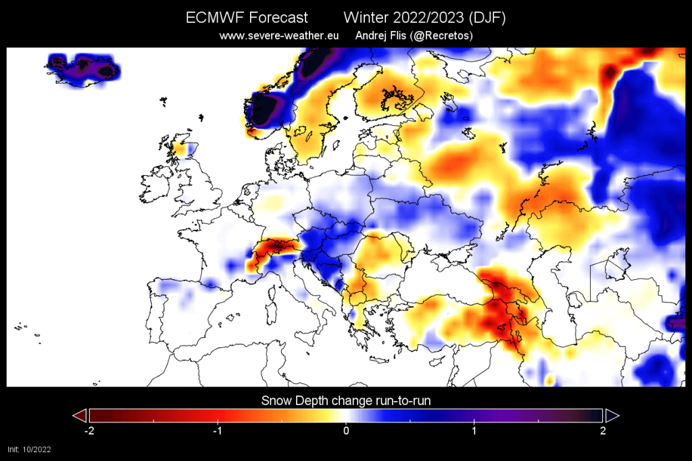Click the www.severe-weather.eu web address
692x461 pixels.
click(278, 35)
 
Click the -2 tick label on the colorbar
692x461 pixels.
click(88, 431)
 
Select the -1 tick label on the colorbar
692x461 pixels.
click(217, 431)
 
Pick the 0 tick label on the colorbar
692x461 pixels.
click(346, 431)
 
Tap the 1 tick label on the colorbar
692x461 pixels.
click(474, 431)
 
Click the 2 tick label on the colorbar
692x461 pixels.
click(603, 431)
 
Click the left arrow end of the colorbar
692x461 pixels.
click(80, 415)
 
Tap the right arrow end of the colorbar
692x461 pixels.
click(612, 415)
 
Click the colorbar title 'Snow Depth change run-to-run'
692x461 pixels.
click(346, 401)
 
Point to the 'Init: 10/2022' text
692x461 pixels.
click(29, 449)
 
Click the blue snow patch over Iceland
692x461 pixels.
click(84, 68)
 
